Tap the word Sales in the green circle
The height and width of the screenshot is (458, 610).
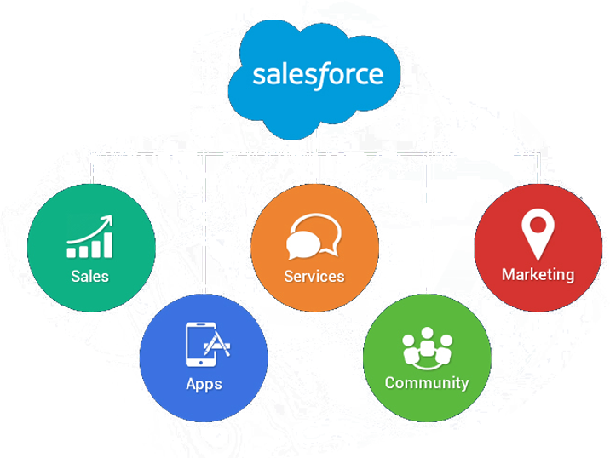[x=90, y=276]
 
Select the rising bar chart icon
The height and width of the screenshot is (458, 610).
[x=90, y=238]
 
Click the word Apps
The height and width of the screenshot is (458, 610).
[x=204, y=383]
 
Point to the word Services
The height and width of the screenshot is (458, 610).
[x=314, y=276]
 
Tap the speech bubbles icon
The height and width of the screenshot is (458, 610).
[x=314, y=238]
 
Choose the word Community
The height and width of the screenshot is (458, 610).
[x=427, y=382]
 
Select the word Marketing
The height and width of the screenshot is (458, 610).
[x=538, y=274]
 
